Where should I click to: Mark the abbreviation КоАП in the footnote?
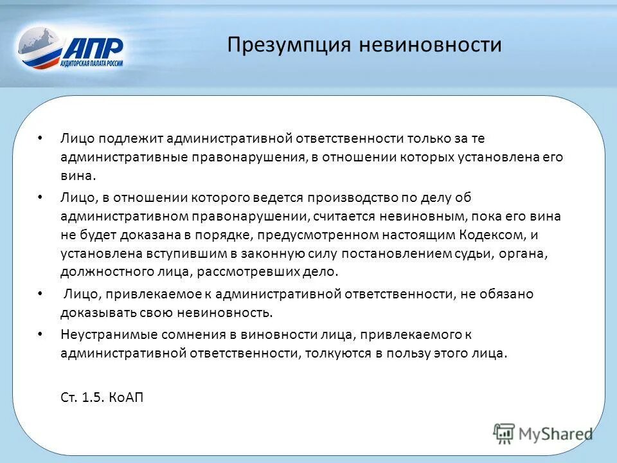[125, 397]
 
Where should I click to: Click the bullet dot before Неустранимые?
[40, 334]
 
